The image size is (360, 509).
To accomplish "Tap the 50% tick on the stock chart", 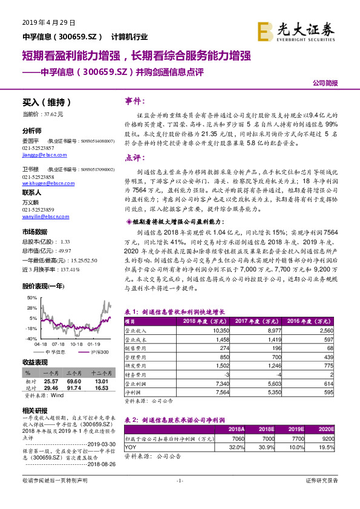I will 33,298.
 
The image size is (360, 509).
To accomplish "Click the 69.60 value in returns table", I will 73,381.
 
